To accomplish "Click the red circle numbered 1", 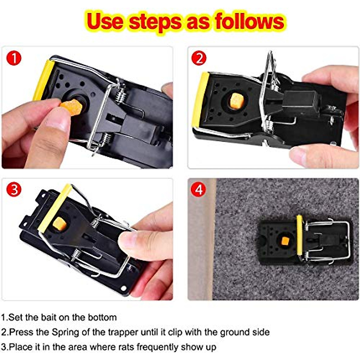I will [14, 58].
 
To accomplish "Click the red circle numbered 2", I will [199, 58].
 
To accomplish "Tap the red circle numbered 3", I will [14, 190].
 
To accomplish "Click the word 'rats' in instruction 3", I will [125, 347].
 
